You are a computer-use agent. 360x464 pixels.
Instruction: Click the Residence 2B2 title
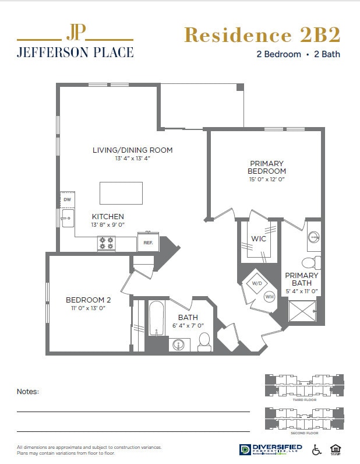(x=262, y=35)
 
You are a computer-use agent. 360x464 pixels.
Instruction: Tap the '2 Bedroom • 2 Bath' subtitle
(x=298, y=54)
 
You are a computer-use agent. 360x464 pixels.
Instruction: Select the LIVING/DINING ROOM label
(x=132, y=150)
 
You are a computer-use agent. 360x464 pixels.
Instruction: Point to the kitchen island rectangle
(x=121, y=193)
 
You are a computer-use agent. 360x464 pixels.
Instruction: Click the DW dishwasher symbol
(x=67, y=199)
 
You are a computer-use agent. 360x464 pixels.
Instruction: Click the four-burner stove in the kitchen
(x=106, y=243)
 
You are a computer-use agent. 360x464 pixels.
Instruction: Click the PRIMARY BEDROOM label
(x=267, y=167)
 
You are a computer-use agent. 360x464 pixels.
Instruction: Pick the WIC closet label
(x=259, y=239)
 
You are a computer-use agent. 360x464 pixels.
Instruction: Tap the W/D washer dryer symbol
(x=257, y=284)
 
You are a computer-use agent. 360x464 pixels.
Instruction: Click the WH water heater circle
(x=269, y=296)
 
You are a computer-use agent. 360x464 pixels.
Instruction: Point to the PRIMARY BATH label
(x=302, y=279)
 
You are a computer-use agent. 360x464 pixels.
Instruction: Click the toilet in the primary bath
(x=313, y=262)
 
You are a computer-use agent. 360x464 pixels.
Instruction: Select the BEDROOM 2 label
(x=88, y=300)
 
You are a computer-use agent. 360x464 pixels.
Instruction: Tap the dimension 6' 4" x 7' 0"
(x=188, y=326)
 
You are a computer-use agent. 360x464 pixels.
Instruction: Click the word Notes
(x=28, y=392)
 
